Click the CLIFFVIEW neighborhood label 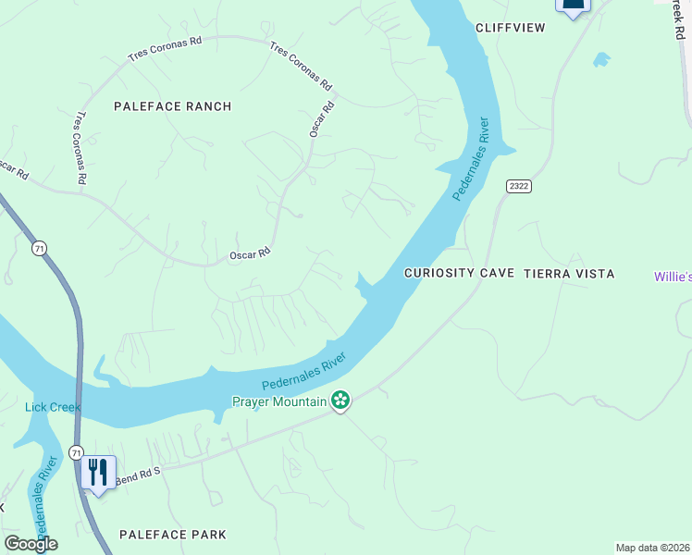click(x=510, y=28)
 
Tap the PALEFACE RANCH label click(x=172, y=106)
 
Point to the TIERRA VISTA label click(x=569, y=274)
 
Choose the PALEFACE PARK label click(x=172, y=535)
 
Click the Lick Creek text click(x=53, y=407)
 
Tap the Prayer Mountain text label click(x=279, y=401)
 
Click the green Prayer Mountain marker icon click(x=340, y=401)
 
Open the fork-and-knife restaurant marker click(x=97, y=472)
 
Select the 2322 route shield click(x=519, y=187)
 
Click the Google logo click(x=31, y=544)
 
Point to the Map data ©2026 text click(x=651, y=548)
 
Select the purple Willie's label click(x=673, y=277)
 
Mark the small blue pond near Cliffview click(x=601, y=59)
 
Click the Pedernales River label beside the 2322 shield click(x=470, y=158)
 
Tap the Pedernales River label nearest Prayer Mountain click(x=303, y=371)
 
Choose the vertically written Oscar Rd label click(x=320, y=119)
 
